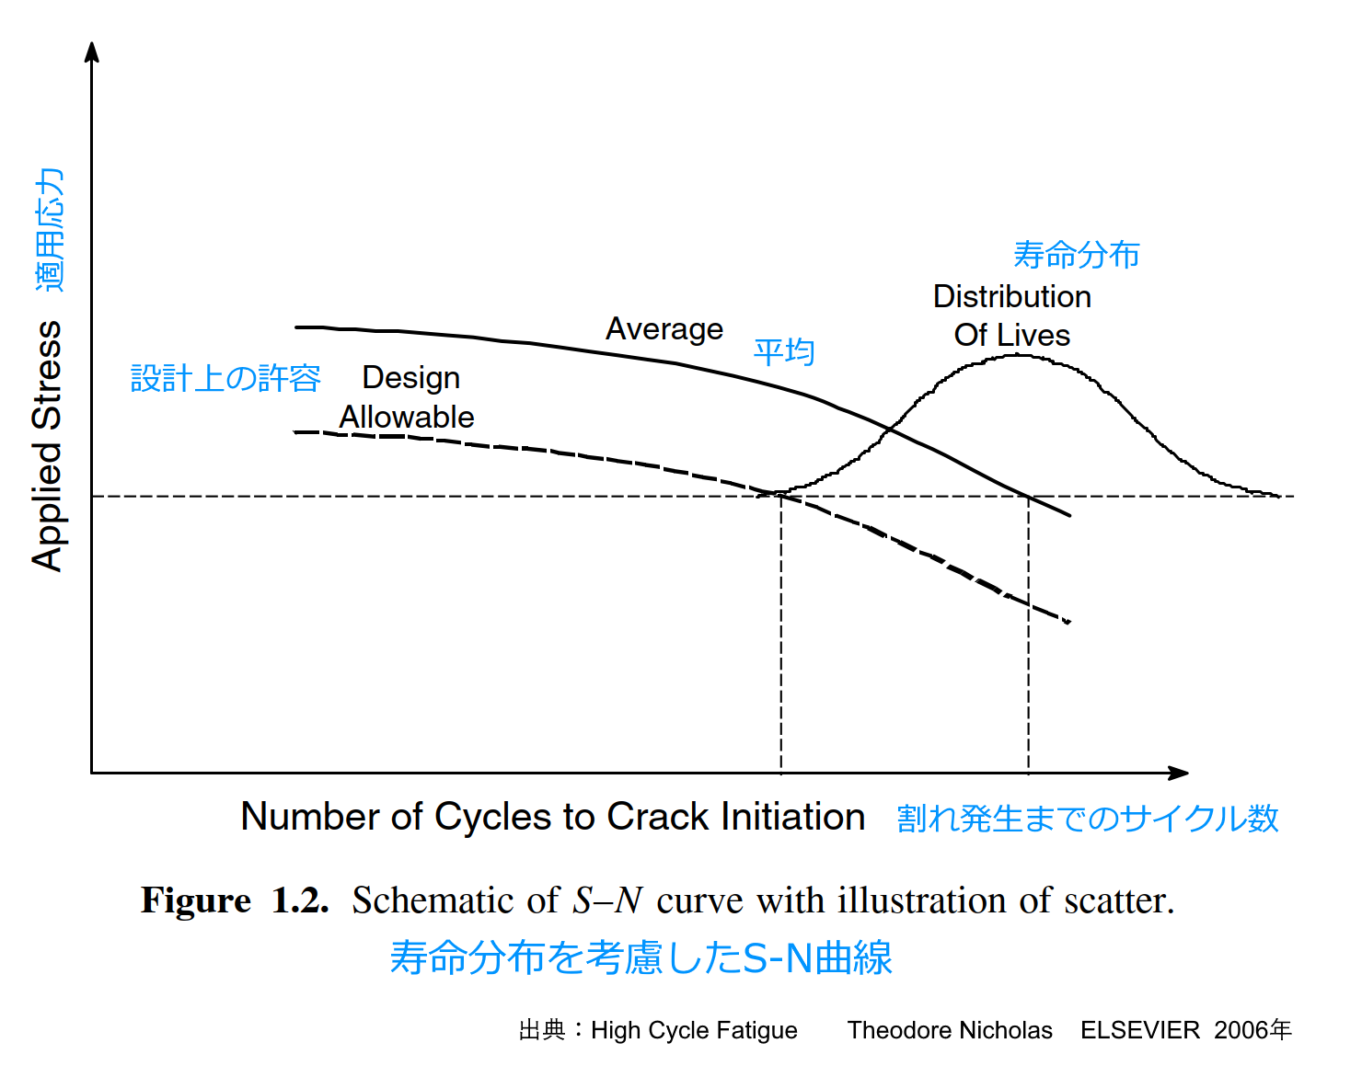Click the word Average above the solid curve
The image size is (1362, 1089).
point(664,329)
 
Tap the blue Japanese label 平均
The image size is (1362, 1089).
point(784,352)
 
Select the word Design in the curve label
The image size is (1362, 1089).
point(410,378)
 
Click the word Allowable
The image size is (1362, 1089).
point(407,418)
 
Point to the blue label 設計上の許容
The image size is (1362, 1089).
point(225,378)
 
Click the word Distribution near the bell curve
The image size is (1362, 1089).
point(1011,297)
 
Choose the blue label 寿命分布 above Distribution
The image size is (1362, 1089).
point(1076,255)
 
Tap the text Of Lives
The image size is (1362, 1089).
point(1011,336)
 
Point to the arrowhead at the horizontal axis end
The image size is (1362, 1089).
point(1180,773)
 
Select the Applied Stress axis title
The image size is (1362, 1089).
point(47,446)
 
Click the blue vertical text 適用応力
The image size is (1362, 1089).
point(50,230)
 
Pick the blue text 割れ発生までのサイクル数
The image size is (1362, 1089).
point(1088,819)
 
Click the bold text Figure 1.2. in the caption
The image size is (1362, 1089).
point(235,900)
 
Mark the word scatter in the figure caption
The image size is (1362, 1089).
point(1118,900)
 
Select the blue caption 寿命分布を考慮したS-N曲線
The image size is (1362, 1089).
point(641,957)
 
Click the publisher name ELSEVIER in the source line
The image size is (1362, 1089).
point(1139,1030)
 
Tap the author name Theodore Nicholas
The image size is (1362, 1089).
point(950,1030)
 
